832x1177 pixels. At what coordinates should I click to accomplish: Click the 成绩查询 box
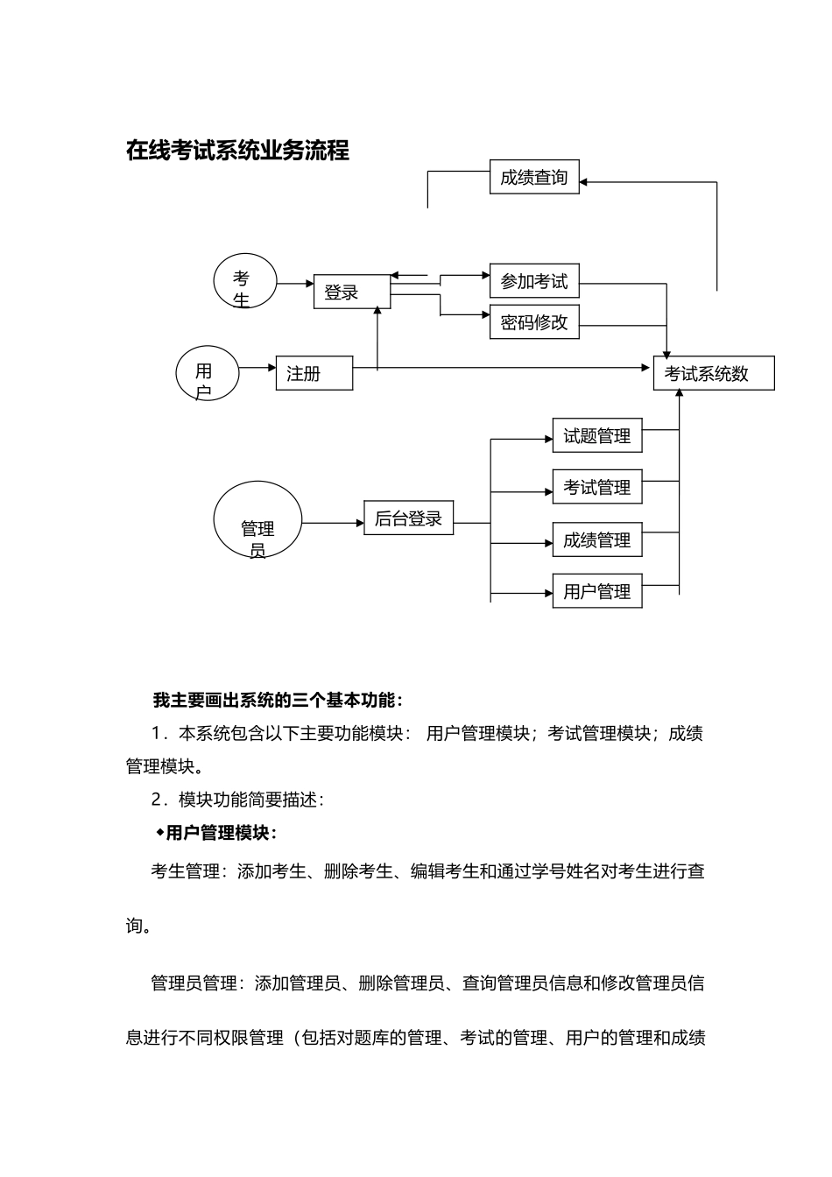[x=533, y=178]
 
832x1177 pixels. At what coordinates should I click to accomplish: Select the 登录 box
[x=351, y=292]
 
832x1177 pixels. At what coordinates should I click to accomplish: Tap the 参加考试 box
[x=533, y=281]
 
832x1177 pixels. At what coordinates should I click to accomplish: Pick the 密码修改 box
[x=533, y=322]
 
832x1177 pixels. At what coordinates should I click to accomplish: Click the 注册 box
[x=314, y=373]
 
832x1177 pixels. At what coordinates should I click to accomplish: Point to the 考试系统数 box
[x=713, y=373]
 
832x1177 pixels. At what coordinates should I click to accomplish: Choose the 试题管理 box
[x=596, y=436]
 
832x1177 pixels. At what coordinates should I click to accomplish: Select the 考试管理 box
[x=596, y=488]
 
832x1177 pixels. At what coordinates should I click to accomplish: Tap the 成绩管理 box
[x=596, y=540]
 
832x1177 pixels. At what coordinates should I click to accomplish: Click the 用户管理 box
[x=596, y=592]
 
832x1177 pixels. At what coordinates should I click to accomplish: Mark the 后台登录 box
[x=408, y=518]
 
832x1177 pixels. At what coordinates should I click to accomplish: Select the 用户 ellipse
[x=207, y=374]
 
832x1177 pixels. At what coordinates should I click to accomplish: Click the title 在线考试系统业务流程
[x=237, y=151]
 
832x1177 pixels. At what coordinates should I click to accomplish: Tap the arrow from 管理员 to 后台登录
[x=333, y=524]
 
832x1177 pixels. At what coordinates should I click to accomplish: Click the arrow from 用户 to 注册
[x=257, y=368]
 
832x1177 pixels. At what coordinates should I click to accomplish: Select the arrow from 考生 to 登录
[x=295, y=283]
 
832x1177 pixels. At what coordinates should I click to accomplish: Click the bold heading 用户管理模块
[x=220, y=833]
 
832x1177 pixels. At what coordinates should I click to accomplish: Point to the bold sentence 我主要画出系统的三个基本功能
[x=277, y=701]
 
